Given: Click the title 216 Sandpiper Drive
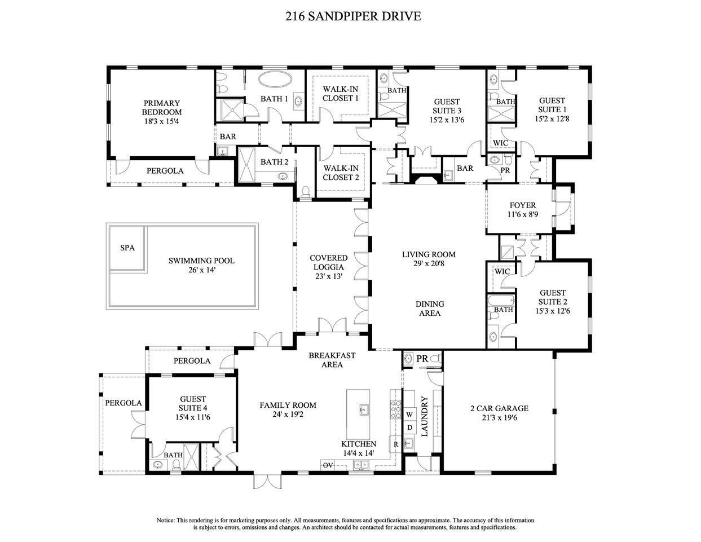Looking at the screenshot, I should click(x=353, y=16).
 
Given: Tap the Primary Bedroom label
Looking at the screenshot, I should click(x=162, y=112).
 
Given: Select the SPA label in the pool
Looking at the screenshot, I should click(x=127, y=248).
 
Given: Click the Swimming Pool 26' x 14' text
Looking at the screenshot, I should click(x=201, y=265).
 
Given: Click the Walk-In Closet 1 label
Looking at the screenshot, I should click(x=340, y=94).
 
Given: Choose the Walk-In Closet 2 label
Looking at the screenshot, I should click(x=340, y=173).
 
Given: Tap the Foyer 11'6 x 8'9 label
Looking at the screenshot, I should click(x=522, y=210).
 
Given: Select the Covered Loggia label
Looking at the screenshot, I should click(x=328, y=267).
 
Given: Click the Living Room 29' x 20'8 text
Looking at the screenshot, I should click(x=429, y=259).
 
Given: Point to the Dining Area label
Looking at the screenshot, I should click(x=430, y=309).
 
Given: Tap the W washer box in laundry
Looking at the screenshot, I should click(x=410, y=414).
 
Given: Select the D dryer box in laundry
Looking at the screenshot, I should click(x=410, y=428).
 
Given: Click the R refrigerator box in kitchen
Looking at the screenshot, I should click(x=396, y=444).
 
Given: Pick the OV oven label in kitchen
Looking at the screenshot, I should click(x=328, y=465).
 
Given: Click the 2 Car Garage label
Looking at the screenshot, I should click(x=499, y=413).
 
